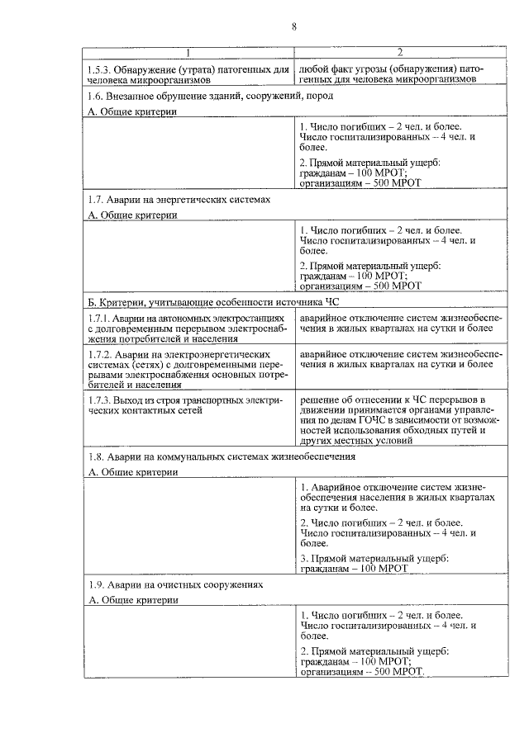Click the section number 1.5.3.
101,70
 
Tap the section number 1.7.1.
101,317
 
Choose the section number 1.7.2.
101,353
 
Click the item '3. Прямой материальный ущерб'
374,559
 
